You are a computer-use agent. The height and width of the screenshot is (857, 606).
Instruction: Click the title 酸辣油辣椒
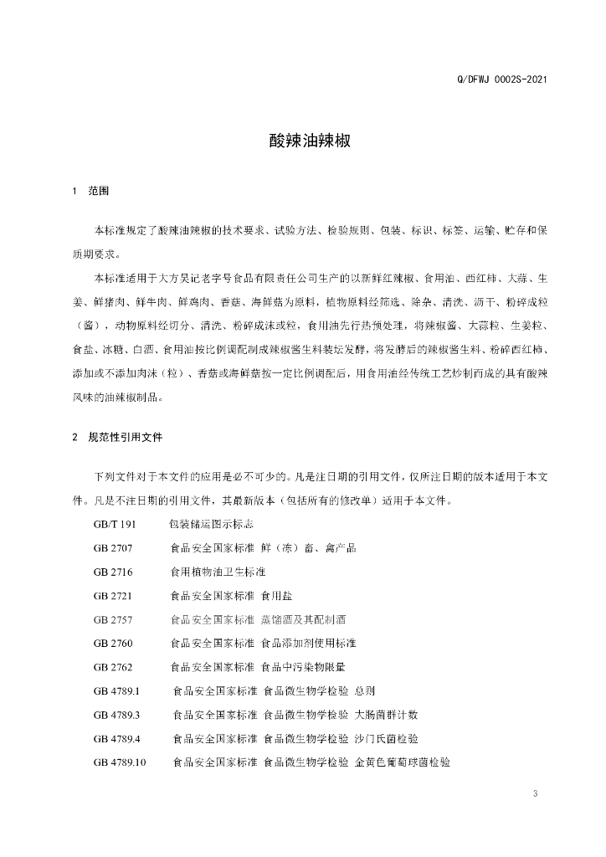[x=303, y=141]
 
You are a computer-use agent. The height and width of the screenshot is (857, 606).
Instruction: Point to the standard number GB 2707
[x=113, y=548]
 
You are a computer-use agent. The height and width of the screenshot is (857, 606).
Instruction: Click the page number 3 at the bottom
[x=534, y=793]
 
